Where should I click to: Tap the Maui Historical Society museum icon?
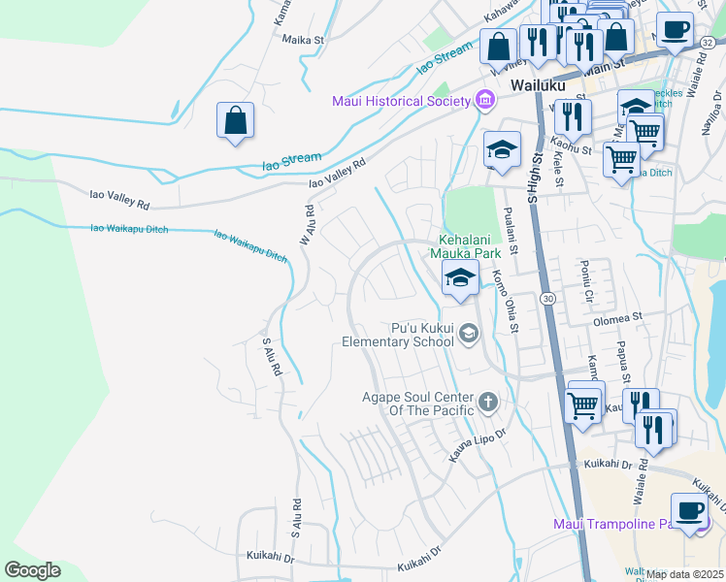click(484, 101)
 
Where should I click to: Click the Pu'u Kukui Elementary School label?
click(397, 335)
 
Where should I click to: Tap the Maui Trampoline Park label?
click(612, 525)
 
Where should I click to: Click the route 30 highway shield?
click(548, 299)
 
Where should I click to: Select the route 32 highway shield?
click(707, 42)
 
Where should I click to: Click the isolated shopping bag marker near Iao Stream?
click(236, 121)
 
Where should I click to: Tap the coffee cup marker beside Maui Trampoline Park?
click(690, 510)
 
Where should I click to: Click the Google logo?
click(32, 570)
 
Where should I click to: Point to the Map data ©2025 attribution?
click(685, 574)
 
